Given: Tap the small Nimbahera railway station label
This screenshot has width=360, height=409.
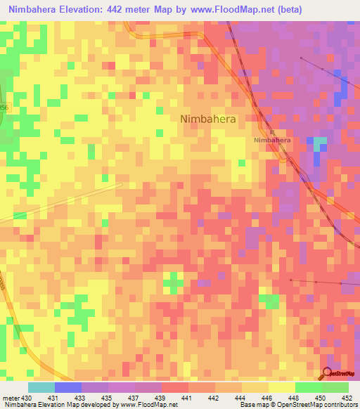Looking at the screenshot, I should click(272, 140).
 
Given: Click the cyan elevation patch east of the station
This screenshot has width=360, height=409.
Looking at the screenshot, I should click(320, 145).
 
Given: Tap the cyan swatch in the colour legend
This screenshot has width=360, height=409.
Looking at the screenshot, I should click(41, 387).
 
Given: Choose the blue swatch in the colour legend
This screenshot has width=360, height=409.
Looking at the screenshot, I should click(68, 387).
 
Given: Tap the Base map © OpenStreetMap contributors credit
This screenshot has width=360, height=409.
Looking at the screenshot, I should click(297, 405).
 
